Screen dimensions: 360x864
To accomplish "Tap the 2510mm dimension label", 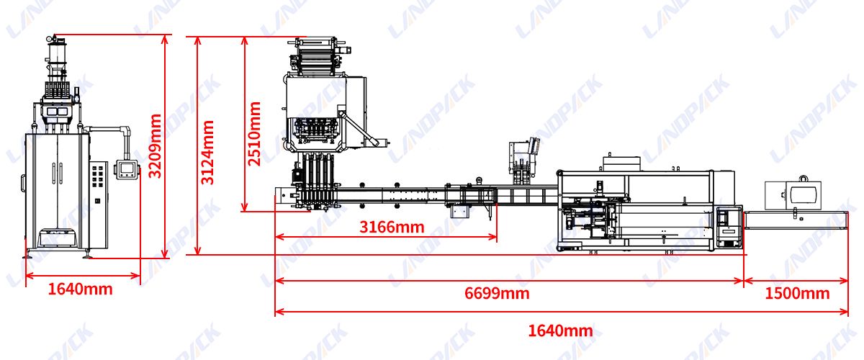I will [x=255, y=134].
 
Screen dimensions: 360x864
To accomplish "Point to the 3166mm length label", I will [x=392, y=228].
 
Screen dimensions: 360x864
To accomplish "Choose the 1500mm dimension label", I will [x=797, y=293].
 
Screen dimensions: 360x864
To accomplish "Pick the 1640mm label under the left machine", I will [x=81, y=289].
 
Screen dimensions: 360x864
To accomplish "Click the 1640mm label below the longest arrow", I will [x=560, y=331].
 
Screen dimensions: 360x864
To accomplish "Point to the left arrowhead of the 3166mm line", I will [x=278, y=237].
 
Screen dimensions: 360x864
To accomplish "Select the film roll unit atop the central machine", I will [x=316, y=55].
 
